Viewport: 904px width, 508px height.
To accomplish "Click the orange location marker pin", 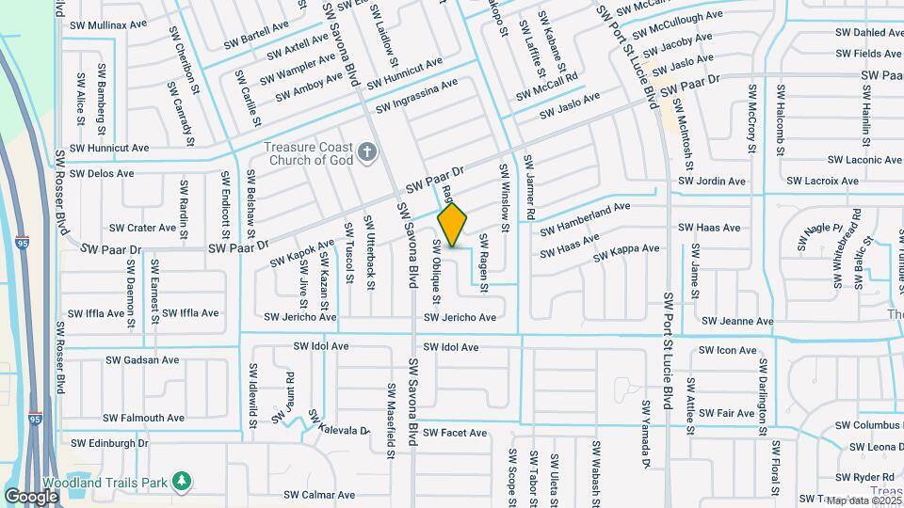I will [453, 226].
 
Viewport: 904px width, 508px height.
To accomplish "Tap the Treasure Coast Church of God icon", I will [368, 151].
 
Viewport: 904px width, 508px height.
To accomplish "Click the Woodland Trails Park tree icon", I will [183, 482].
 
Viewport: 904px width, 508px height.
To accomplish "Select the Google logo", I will [31, 496].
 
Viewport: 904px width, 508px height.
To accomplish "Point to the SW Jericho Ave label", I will [459, 318].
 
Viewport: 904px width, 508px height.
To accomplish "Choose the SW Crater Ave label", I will [142, 228].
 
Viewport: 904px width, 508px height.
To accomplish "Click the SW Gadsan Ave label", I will [141, 359].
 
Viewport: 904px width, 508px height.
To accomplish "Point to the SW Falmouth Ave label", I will [143, 418].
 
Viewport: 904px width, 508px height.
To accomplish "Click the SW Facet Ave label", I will [454, 433].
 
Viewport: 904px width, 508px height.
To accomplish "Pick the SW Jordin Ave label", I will [712, 182].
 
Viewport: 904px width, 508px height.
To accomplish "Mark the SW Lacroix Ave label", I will [819, 181].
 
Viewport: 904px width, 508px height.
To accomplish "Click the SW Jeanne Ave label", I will [738, 322].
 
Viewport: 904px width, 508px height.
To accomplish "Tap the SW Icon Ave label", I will [727, 351].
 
